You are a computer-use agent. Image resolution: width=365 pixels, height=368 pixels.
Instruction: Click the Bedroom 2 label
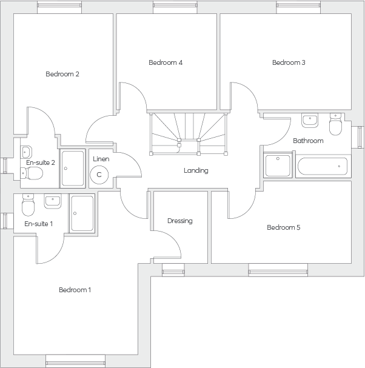tap(62, 74)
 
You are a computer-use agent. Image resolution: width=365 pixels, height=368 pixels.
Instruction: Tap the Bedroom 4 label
tap(166, 62)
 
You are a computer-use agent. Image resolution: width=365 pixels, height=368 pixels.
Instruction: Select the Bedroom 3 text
tap(289, 62)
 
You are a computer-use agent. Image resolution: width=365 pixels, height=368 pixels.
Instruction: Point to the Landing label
tap(196, 170)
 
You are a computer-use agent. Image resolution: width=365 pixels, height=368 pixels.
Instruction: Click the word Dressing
tap(180, 221)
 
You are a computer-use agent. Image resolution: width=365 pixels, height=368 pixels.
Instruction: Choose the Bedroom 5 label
tap(284, 227)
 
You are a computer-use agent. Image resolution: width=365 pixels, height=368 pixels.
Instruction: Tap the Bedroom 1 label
tap(75, 290)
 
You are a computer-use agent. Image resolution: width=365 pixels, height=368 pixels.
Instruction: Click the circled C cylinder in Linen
tap(99, 175)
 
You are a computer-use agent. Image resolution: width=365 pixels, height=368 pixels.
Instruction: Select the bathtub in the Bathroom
tap(323, 166)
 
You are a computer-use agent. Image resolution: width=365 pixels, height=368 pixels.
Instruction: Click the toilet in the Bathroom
tap(336, 124)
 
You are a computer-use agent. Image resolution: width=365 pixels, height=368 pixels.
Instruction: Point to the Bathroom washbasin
tap(310, 121)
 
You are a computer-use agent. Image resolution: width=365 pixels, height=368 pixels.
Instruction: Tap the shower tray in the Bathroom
tap(278, 166)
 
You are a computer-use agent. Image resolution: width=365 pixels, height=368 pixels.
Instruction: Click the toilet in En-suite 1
tap(28, 205)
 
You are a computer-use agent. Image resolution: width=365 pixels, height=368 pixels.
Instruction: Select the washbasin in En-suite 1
tap(53, 201)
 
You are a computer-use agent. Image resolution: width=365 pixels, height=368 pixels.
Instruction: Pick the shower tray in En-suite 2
tap(72, 169)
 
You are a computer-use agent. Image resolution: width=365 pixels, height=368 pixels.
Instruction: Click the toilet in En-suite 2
tap(32, 173)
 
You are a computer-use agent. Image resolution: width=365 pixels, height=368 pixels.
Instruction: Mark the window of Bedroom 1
tap(75, 361)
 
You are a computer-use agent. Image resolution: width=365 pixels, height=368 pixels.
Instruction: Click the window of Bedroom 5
tap(278, 270)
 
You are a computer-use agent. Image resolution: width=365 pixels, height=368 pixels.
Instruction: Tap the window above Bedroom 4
tap(175, 7)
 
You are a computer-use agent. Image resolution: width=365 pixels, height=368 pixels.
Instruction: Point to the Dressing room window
tap(173, 270)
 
